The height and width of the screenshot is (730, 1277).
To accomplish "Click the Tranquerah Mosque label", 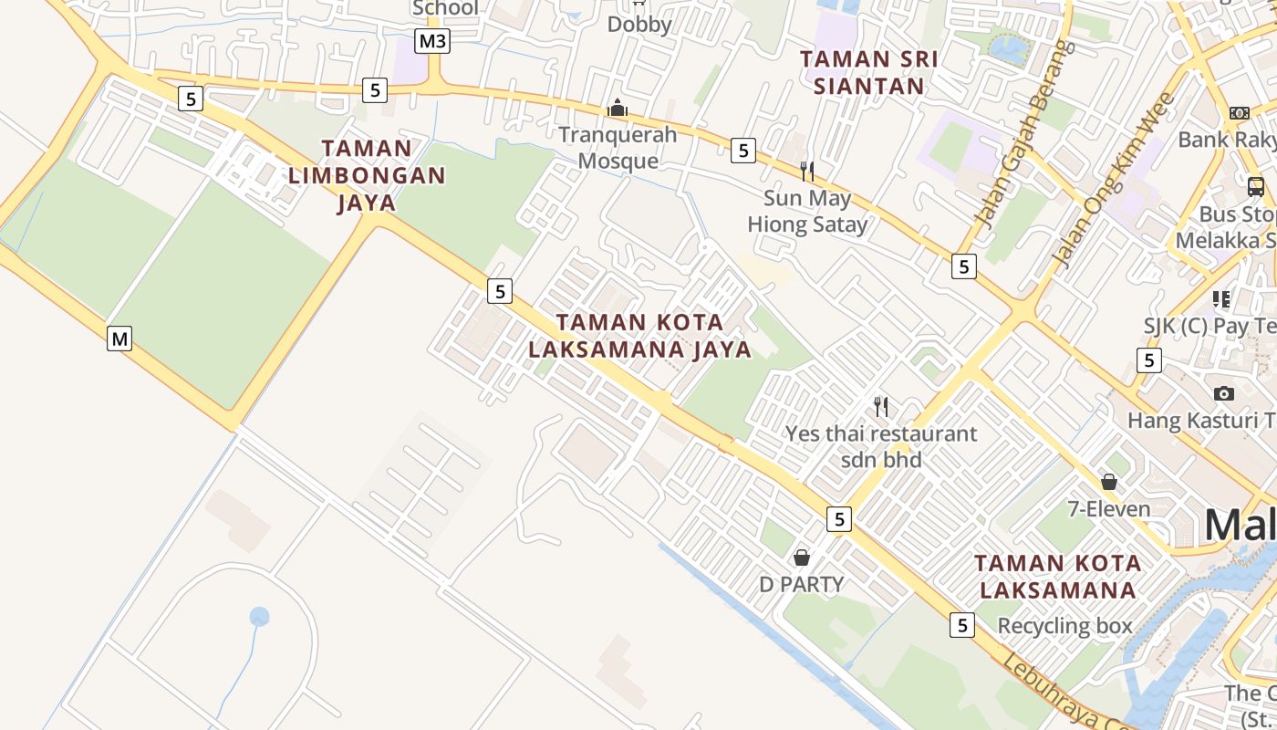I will click(618, 148).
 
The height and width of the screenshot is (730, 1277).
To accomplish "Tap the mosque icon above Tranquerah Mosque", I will click(618, 109).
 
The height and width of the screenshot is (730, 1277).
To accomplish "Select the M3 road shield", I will click(432, 40).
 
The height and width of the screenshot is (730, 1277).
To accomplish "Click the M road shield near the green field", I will click(119, 339).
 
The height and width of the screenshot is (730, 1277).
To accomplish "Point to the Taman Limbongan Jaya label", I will click(367, 175).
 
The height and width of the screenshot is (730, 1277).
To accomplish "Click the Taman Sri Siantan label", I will click(868, 72).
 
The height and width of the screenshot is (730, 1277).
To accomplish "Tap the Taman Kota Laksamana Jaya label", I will click(639, 336).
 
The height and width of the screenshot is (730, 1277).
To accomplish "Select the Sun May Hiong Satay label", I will click(807, 211).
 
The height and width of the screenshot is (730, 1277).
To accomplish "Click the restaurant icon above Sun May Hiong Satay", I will click(806, 171).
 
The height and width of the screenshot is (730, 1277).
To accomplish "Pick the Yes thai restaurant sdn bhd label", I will click(881, 446).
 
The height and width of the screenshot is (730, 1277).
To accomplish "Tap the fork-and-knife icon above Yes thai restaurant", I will click(881, 406).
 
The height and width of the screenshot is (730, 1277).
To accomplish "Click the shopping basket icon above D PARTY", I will click(802, 557).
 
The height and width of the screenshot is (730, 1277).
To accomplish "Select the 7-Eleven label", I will click(1109, 508).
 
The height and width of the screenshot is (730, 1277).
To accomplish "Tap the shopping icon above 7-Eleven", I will click(1109, 482).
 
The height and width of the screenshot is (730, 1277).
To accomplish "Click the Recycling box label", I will click(1064, 626).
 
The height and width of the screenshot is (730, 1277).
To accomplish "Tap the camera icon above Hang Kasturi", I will click(1224, 393).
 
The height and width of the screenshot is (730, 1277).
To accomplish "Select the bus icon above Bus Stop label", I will click(1256, 187).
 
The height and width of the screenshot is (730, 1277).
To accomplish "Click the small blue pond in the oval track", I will click(260, 617).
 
